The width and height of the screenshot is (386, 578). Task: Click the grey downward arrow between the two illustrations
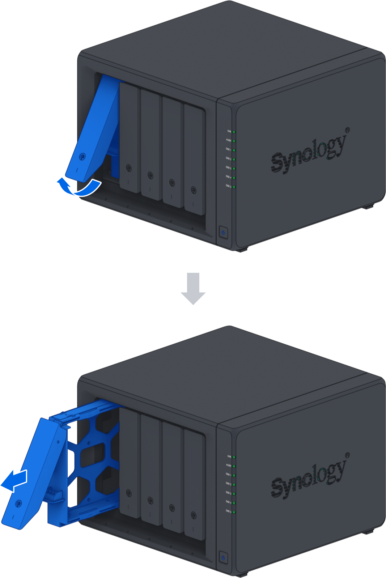click(193, 288)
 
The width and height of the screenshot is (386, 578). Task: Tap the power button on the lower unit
click(223, 557)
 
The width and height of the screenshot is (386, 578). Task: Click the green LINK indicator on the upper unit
click(234, 132)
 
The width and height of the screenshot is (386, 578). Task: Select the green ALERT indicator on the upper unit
click(234, 141)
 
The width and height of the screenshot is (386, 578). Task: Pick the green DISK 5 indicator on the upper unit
click(234, 187)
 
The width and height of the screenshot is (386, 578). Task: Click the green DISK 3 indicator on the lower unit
click(234, 493)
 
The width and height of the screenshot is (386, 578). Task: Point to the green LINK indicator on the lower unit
click(234, 457)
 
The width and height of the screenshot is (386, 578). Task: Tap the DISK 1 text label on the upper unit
click(228, 149)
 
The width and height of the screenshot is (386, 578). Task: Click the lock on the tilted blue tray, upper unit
click(82, 157)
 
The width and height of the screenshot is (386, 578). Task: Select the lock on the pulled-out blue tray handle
click(18, 503)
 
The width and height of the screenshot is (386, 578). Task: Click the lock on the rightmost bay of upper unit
click(194, 190)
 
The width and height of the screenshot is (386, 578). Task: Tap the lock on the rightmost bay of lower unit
click(194, 515)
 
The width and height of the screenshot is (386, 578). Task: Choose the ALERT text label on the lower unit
click(229, 465)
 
